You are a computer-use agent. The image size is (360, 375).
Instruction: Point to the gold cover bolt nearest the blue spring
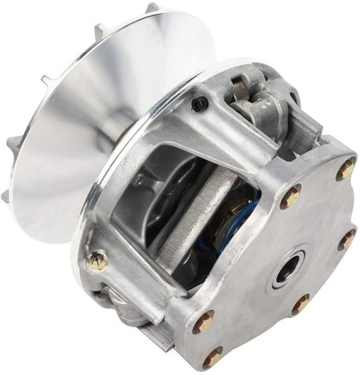[290, 197]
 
